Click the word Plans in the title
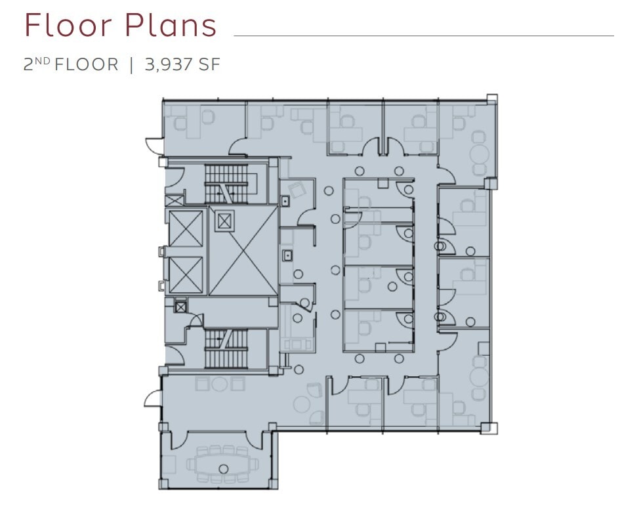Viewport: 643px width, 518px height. coord(170,26)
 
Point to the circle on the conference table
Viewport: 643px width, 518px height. coord(223,469)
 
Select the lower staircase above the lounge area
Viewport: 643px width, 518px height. coord(226,349)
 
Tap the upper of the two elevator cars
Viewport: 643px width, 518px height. coord(186,228)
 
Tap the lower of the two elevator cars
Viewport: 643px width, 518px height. coord(186,275)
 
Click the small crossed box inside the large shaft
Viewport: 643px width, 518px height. coord(224,221)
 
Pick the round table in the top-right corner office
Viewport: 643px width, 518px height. coord(480,155)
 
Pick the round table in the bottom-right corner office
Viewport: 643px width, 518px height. coord(480,378)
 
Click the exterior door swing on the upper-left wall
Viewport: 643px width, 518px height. coord(154,144)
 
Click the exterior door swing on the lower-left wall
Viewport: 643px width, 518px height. coord(152,398)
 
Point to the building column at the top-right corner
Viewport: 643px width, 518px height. coord(492,100)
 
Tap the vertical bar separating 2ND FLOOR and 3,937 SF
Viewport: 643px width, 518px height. coord(131,65)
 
